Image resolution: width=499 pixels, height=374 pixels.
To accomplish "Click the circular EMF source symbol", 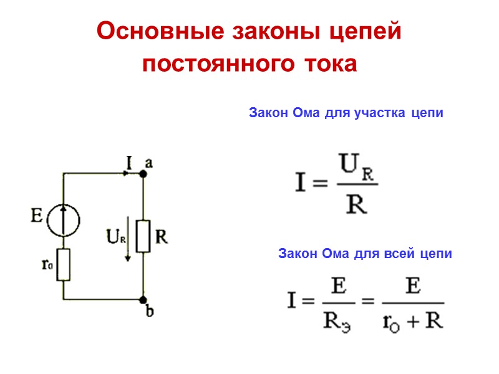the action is point(64,219).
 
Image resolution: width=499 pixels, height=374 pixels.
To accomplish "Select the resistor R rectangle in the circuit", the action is point(143,236).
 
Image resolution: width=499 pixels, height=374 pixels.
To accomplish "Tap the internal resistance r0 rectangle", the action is point(64,264).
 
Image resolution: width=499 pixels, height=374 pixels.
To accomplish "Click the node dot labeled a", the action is point(143,175).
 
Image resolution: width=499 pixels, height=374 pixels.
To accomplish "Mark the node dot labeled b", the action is point(143,300).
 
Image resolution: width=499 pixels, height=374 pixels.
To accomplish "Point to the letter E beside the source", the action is point(37,217).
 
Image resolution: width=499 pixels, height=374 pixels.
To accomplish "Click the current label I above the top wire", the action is point(129,163).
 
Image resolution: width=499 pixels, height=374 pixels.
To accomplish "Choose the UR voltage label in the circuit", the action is point(114,237).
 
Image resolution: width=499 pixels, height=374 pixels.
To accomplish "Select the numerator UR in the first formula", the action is point(357,168).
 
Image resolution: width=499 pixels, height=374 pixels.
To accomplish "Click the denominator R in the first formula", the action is point(356,204).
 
